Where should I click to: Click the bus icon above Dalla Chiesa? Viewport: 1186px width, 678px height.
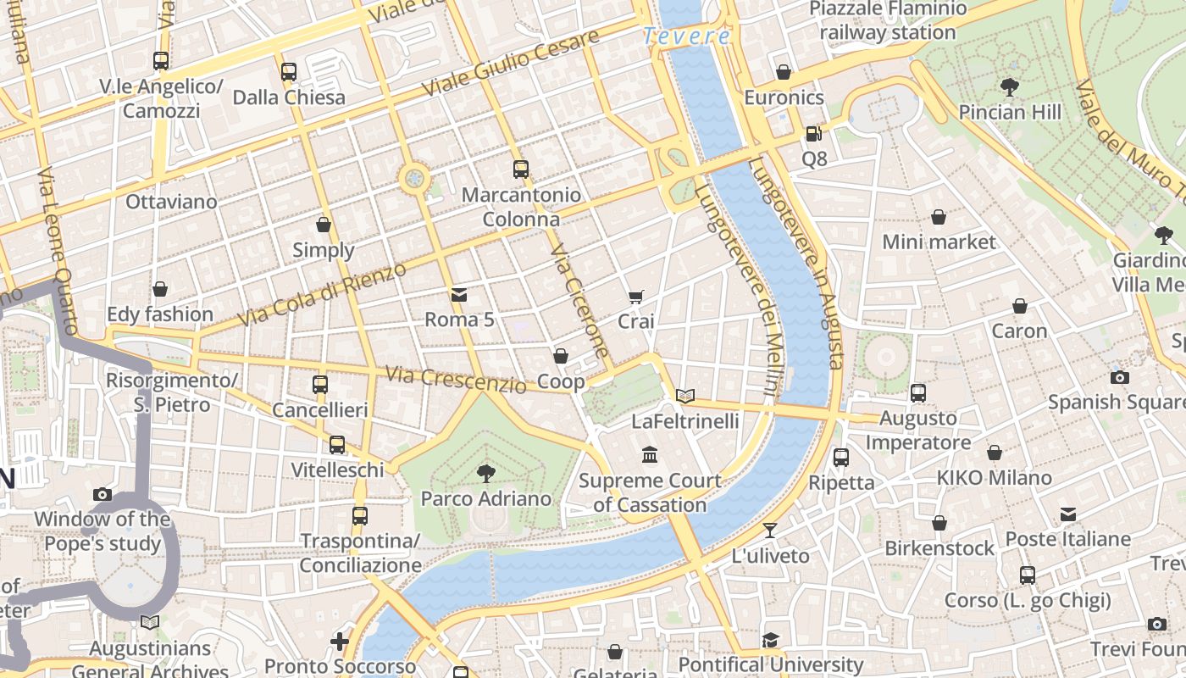pyautogui.click(x=288, y=71)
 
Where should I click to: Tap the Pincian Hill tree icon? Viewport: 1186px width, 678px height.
pyautogui.click(x=1009, y=86)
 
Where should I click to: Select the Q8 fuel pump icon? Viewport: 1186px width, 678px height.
pyautogui.click(x=812, y=133)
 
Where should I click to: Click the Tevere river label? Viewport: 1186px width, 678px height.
pyautogui.click(x=686, y=36)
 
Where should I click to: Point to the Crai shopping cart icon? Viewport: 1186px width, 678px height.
pyautogui.click(x=636, y=297)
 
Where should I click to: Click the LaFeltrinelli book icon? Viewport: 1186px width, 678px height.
pyautogui.click(x=685, y=396)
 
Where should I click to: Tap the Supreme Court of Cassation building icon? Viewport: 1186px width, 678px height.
pyautogui.click(x=650, y=455)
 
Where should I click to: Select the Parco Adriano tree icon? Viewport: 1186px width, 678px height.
pyautogui.click(x=485, y=473)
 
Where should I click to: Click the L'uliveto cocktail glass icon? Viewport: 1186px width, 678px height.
pyautogui.click(x=769, y=531)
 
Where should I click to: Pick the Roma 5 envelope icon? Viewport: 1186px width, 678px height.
pyautogui.click(x=458, y=295)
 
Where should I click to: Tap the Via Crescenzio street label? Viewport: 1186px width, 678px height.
pyautogui.click(x=455, y=379)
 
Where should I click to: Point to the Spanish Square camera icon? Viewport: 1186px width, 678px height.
pyautogui.click(x=1120, y=377)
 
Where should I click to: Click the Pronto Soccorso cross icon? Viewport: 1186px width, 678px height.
pyautogui.click(x=340, y=642)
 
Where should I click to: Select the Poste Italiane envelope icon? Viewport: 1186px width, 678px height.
pyautogui.click(x=1067, y=514)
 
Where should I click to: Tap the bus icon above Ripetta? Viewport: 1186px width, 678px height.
pyautogui.click(x=840, y=458)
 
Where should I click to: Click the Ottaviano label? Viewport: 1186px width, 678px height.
pyautogui.click(x=171, y=202)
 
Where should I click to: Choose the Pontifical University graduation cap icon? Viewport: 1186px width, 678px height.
pyautogui.click(x=769, y=640)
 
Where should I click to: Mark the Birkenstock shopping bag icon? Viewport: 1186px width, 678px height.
pyautogui.click(x=939, y=523)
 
